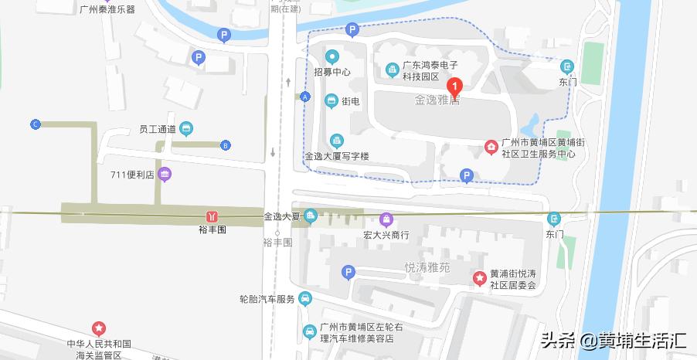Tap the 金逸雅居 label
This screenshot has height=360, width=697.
(x=436, y=101)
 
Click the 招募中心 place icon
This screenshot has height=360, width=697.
(x=332, y=56)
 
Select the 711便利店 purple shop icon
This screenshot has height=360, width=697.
(x=164, y=175)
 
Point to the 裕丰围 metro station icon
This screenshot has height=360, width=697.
(x=211, y=216)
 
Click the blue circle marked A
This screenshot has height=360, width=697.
(x=305, y=97)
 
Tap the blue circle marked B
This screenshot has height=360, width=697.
(x=225, y=144)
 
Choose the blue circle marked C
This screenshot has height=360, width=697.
(x=35, y=124)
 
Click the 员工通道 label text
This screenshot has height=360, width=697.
(x=157, y=129)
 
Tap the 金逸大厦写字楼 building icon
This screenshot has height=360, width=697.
(x=335, y=141)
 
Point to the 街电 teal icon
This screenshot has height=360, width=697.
(x=331, y=101)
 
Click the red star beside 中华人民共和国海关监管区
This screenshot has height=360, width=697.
(x=99, y=328)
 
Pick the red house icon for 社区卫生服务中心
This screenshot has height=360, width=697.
(x=490, y=147)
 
